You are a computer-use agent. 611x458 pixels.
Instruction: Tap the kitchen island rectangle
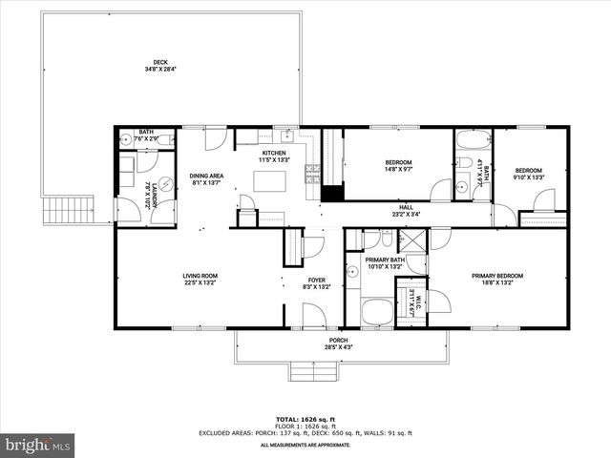[x=271, y=180]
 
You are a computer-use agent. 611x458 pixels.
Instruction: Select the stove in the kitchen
[x=311, y=174]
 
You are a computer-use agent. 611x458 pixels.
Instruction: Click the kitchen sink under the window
[x=284, y=134]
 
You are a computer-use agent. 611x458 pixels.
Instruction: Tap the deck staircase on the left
[x=72, y=209]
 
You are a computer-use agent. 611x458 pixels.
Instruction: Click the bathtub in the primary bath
[x=376, y=312]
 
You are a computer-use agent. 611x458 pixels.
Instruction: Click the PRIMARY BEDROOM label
[x=497, y=277]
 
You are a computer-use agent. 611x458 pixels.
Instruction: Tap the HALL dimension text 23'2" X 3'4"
[x=406, y=216]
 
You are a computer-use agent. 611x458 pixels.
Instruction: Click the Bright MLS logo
[x=38, y=445]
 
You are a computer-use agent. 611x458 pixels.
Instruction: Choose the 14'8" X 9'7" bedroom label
[x=398, y=167]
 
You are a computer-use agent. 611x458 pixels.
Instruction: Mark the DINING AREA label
[x=206, y=179]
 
